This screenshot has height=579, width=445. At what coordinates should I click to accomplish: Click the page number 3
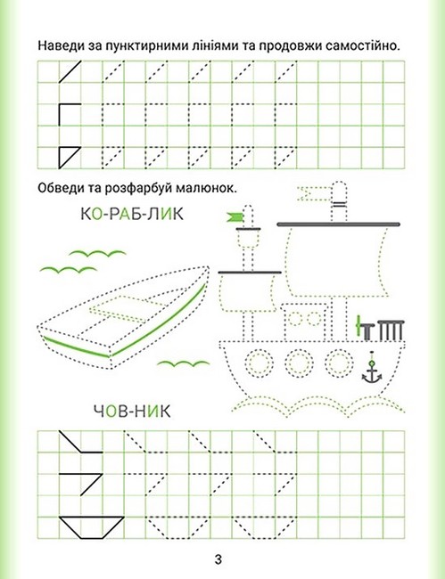click(218, 559)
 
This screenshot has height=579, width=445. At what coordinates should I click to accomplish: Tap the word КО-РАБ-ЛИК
click(132, 214)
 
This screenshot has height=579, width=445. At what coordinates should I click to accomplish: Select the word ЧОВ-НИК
click(132, 411)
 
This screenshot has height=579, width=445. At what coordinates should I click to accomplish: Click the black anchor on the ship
click(372, 371)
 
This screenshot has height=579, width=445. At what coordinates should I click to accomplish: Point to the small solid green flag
click(235, 217)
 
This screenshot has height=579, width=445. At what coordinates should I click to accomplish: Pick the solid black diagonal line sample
click(70, 72)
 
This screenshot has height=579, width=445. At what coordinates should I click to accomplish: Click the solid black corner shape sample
click(70, 115)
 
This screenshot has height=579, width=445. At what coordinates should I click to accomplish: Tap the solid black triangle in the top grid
click(70, 158)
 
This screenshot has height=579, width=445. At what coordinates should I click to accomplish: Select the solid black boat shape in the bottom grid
click(91, 527)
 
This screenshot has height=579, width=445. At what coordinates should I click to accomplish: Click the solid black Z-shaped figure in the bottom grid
click(80, 484)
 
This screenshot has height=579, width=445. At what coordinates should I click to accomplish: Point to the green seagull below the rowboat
click(183, 364)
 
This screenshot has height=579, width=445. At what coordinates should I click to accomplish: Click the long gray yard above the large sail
click(338, 224)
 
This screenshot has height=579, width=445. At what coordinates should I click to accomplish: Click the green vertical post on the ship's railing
click(358, 326)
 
